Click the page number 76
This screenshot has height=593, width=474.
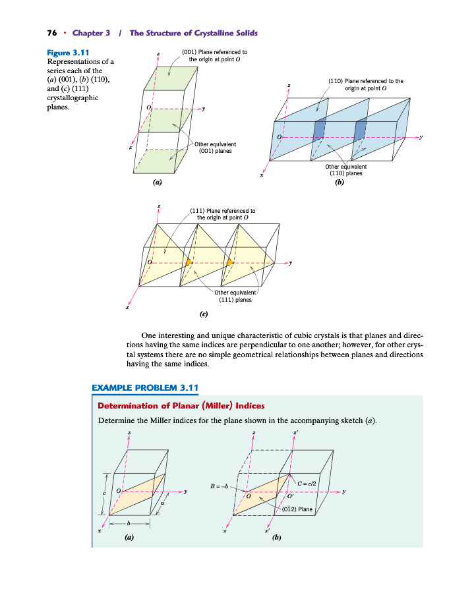51,33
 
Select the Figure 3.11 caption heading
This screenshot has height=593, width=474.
69,52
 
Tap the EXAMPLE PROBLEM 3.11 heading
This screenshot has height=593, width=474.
144,387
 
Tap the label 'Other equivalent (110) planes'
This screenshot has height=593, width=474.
345,170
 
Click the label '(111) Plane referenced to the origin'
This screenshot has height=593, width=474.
222,214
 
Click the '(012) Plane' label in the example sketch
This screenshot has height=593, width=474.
297,509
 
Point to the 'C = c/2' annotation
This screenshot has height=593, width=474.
308,484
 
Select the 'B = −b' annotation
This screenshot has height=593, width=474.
219,487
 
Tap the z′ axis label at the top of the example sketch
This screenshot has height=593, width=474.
294,432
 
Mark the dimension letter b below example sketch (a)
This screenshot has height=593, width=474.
129,523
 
